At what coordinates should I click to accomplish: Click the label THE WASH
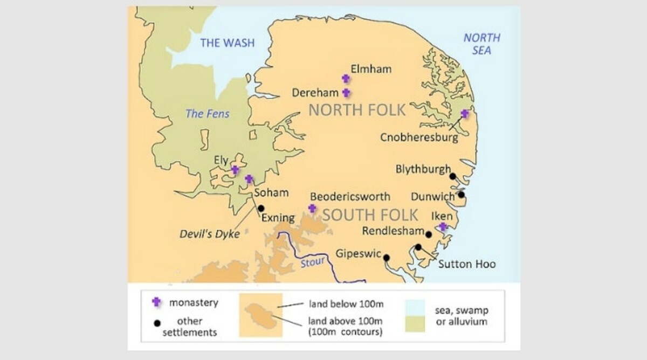pyautogui.click(x=227, y=43)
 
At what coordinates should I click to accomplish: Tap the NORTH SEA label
pyautogui.click(x=481, y=44)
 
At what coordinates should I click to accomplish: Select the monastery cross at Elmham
pyautogui.click(x=346, y=79)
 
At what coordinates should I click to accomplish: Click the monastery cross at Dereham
pyautogui.click(x=346, y=93)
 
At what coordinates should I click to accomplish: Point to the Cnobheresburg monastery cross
pyautogui.click(x=465, y=114)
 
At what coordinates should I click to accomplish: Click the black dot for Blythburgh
pyautogui.click(x=453, y=176)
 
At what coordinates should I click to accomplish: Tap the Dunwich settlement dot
pyautogui.click(x=462, y=195)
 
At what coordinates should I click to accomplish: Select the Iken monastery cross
pyautogui.click(x=443, y=227)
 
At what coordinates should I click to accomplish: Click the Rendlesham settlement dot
pyautogui.click(x=429, y=234)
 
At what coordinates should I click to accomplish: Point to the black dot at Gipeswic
pyautogui.click(x=387, y=258)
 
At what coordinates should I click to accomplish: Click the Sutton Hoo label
pyautogui.click(x=467, y=264)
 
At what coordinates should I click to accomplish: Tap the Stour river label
pyautogui.click(x=313, y=262)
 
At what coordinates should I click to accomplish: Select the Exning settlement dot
pyautogui.click(x=261, y=208)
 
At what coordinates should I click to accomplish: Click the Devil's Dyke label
pyautogui.click(x=210, y=234)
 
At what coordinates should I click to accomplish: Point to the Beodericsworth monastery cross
pyautogui.click(x=312, y=208)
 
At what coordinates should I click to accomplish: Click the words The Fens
pyautogui.click(x=208, y=114)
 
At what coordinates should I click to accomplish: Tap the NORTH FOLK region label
pyautogui.click(x=356, y=110)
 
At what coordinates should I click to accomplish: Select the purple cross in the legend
pyautogui.click(x=156, y=302)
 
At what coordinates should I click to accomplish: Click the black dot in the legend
pyautogui.click(x=156, y=323)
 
